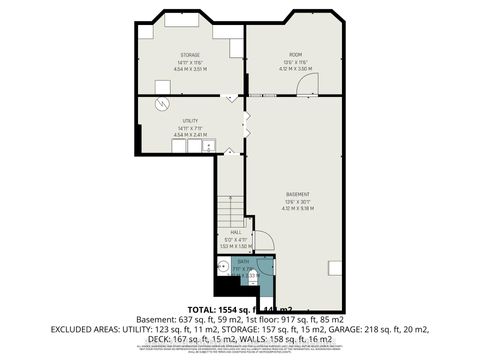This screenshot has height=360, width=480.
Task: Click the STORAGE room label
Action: coord(190,54)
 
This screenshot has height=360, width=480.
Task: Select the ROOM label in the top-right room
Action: coord(295,54)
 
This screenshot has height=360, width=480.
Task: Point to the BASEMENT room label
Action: coord(297,193)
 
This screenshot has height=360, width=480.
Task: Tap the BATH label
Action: coord(243,262)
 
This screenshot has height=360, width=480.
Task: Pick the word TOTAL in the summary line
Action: coord(204,311)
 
